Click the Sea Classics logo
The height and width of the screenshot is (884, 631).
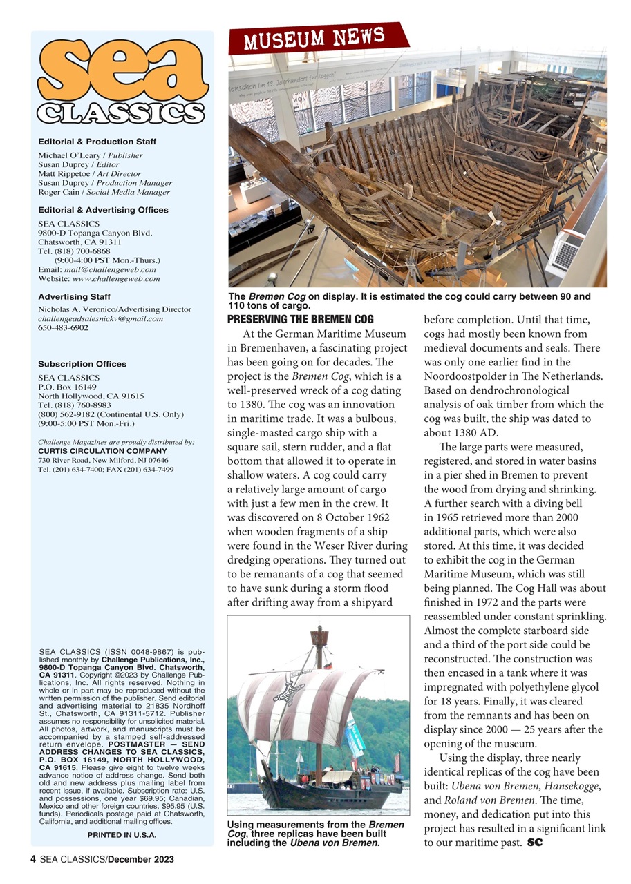pyautogui.click(x=122, y=82)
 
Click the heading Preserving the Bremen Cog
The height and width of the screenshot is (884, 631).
pyautogui.click(x=300, y=319)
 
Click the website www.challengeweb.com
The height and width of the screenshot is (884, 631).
pyautogui.click(x=116, y=278)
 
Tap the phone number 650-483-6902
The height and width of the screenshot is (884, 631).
pyautogui.click(x=63, y=327)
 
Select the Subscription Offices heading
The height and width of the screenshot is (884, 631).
pyautogui.click(x=82, y=364)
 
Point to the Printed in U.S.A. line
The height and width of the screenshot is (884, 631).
pyautogui.click(x=122, y=834)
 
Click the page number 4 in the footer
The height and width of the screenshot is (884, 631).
pyautogui.click(x=33, y=859)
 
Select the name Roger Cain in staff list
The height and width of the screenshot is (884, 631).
pyautogui.click(x=57, y=192)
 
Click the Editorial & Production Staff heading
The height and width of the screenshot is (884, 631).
pyautogui.click(x=97, y=142)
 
